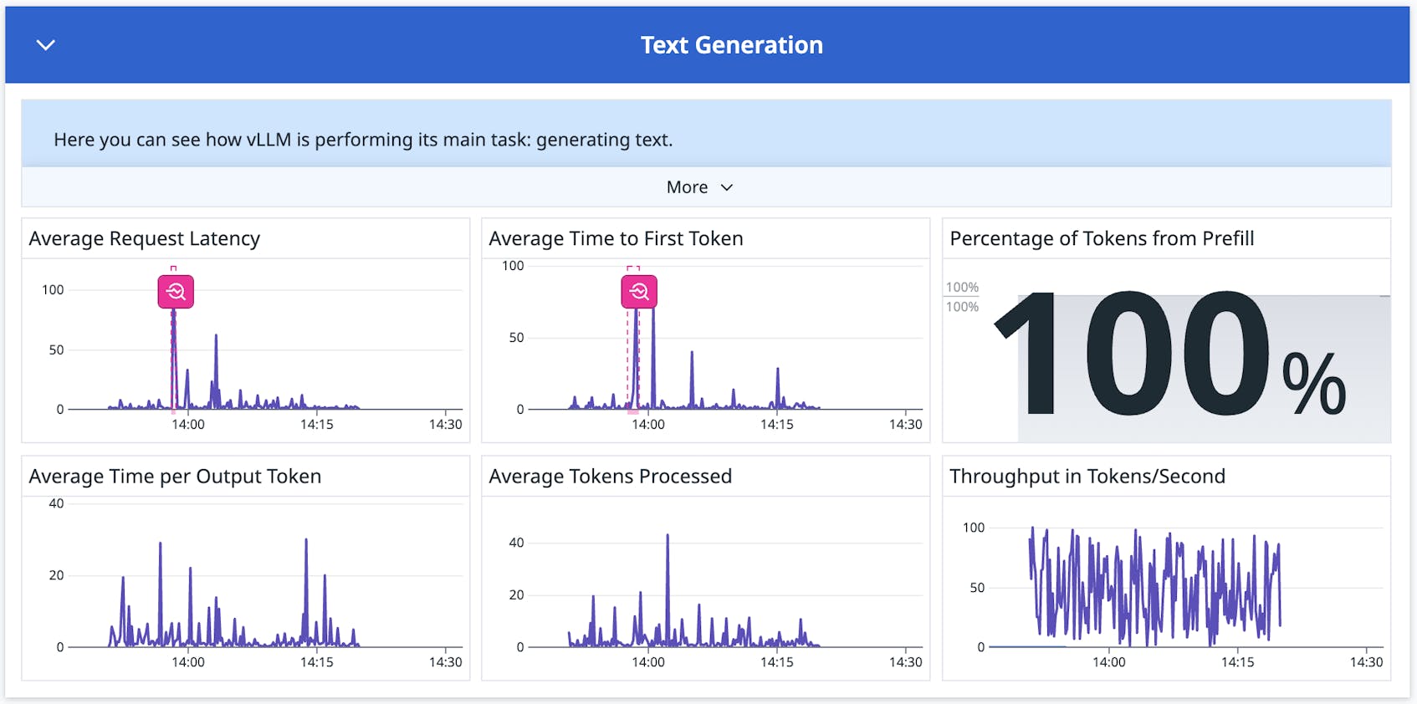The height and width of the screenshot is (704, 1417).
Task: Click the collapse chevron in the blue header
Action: pos(46,45)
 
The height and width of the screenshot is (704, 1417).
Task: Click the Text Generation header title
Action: pos(731,45)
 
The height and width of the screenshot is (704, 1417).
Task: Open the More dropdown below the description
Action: pos(699,187)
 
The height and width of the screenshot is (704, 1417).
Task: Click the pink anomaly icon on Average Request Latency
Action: pos(176,292)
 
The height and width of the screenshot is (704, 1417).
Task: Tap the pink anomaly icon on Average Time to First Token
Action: pos(639,292)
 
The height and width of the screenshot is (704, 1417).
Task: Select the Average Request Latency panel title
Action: pos(144,239)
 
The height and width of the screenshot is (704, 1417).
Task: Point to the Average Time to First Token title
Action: pos(616,239)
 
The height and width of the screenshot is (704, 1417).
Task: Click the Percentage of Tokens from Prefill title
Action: pos(1102,239)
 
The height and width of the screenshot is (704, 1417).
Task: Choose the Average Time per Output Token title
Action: pos(175,477)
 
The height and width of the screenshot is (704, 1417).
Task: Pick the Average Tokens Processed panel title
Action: pos(610,477)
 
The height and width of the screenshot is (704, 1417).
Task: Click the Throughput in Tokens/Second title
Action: pos(1087,477)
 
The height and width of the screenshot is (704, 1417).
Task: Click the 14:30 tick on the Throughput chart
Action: pos(1365,662)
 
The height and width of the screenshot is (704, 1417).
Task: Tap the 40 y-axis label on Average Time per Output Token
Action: pos(56,504)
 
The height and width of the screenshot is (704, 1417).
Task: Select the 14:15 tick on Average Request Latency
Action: pos(316,425)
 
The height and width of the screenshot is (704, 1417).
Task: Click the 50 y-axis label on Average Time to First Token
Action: pos(516,338)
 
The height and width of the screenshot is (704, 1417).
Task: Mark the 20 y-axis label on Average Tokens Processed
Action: pos(516,595)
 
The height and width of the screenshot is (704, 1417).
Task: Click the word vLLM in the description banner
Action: pos(269,140)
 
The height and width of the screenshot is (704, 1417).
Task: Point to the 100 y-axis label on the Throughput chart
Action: pos(973,528)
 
